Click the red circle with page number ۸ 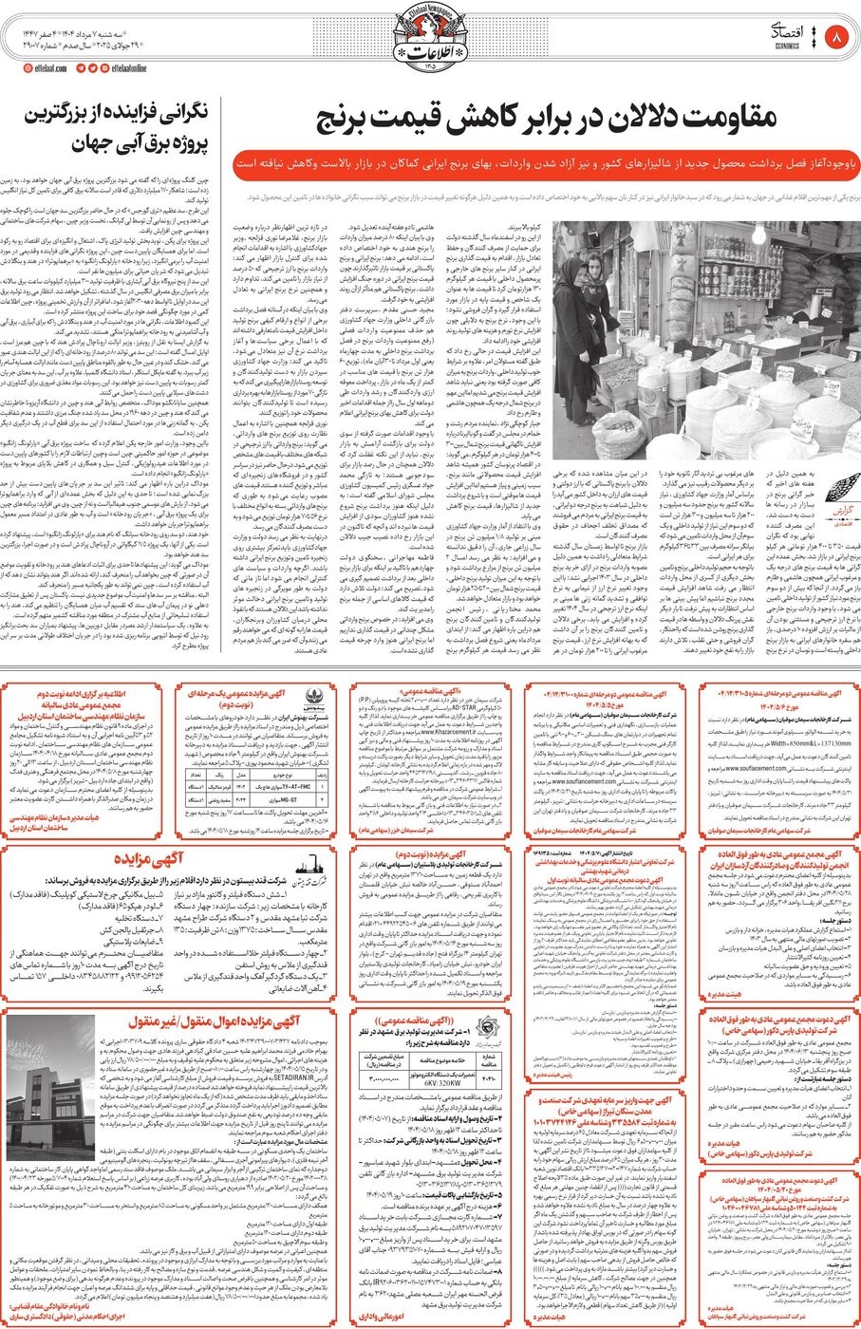click(x=836, y=38)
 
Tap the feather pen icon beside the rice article click(x=842, y=493)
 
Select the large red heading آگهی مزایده click(x=143, y=860)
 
